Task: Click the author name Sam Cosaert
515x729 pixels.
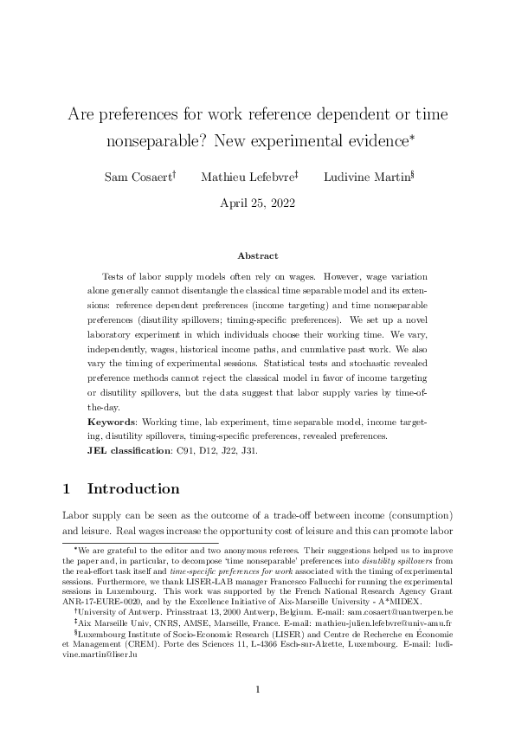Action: click(138, 177)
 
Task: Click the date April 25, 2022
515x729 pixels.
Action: click(257, 204)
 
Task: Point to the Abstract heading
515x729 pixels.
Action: click(257, 255)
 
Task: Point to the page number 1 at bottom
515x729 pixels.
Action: click(257, 689)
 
